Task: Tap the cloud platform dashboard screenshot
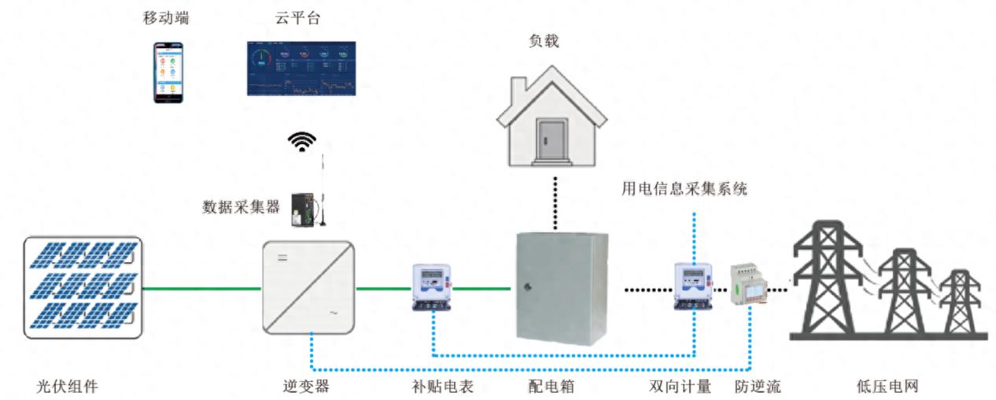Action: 301,69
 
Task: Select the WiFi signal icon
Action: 301,142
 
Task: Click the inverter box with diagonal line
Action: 308,288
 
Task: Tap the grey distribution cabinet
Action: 562,288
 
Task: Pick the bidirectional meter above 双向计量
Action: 693,287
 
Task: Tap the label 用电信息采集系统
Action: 684,189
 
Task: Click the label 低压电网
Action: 887,387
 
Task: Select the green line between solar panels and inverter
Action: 201,289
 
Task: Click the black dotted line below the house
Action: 556,203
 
